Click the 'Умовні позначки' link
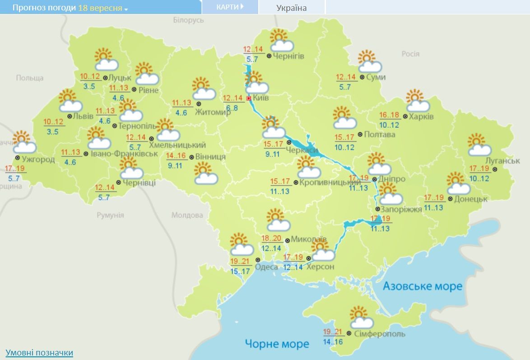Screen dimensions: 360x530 [x=39, y=352]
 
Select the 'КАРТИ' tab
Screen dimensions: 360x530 [x=230, y=7]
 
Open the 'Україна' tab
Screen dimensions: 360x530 [x=291, y=8]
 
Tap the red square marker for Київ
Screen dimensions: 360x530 [x=248, y=98]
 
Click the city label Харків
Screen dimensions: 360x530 [x=421, y=116]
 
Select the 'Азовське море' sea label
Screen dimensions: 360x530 [x=423, y=286]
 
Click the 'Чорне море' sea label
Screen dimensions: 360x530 [x=277, y=344]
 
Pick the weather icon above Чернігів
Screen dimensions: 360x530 [x=281, y=40]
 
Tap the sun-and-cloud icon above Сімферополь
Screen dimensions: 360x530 [x=361, y=317]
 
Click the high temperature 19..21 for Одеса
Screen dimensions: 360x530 [x=240, y=262]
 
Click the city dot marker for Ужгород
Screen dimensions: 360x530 [x=17, y=158]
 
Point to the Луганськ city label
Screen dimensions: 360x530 [x=502, y=161]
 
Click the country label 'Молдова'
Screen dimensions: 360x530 [x=187, y=215]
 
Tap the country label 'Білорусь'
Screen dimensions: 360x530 [x=188, y=20]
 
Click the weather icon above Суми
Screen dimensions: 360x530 [x=369, y=61]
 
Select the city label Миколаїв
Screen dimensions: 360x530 [x=309, y=238]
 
